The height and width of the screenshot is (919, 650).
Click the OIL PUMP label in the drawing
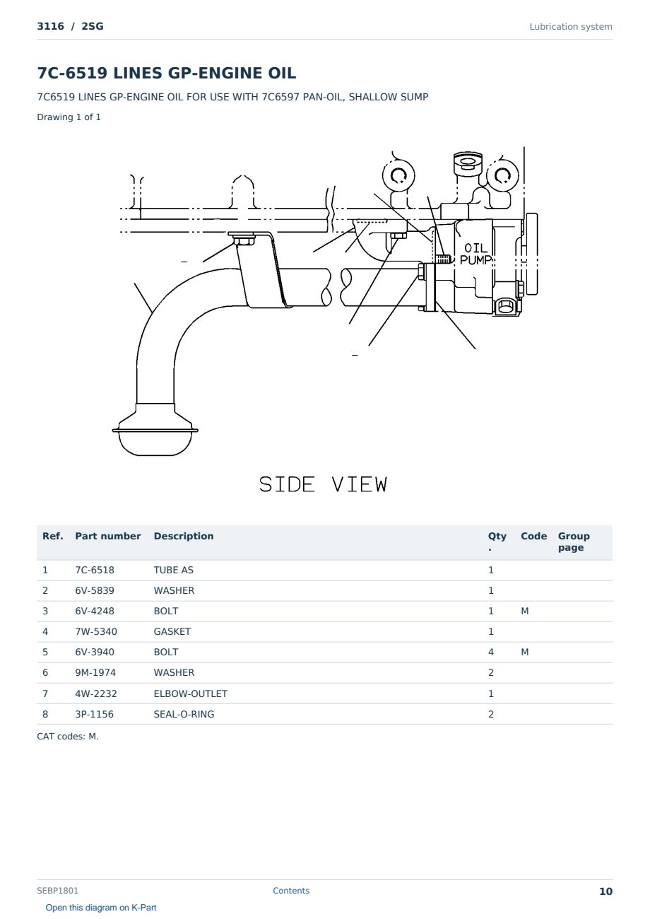[475, 254]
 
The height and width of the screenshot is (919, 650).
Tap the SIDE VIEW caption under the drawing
[323, 484]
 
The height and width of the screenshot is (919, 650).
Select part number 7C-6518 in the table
[95, 570]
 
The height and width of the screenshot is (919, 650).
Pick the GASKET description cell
[172, 631]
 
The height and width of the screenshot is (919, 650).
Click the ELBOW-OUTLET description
[190, 693]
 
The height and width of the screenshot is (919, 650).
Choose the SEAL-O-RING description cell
[184, 714]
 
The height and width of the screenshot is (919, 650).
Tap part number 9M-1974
[95, 672]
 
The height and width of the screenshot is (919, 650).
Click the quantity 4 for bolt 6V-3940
[491, 652]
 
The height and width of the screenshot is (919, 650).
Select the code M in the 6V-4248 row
[524, 611]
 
